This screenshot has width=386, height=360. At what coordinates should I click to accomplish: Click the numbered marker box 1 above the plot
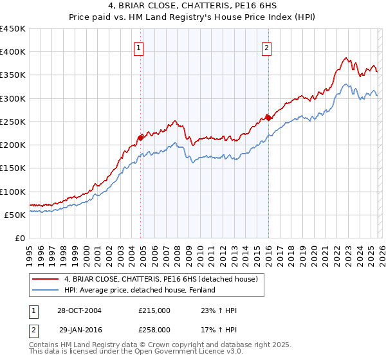pos(138,47)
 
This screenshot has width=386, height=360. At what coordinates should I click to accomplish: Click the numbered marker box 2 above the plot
pos(266,47)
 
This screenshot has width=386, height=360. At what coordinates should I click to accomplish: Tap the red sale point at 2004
pos(141,137)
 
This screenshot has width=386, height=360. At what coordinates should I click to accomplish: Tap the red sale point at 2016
pos(268,117)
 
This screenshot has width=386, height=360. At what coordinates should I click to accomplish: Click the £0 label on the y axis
pos(19,238)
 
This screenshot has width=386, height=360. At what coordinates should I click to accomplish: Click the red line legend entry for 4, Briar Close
pos(161,279)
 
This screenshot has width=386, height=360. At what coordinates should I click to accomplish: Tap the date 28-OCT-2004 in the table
pos(78,310)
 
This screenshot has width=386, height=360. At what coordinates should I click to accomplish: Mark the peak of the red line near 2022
pos(345,58)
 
